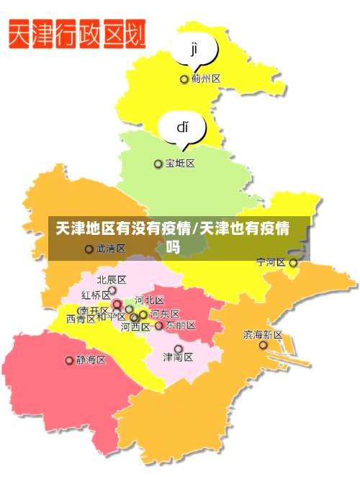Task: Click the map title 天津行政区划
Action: (x=78, y=34)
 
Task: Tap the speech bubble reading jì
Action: (x=194, y=50)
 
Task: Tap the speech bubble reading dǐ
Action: (x=183, y=128)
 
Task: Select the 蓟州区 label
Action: (x=206, y=79)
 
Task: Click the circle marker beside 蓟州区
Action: (x=184, y=79)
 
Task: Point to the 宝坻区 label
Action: (x=180, y=164)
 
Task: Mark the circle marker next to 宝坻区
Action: (x=158, y=164)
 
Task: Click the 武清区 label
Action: (x=111, y=249)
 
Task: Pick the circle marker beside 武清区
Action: (x=89, y=249)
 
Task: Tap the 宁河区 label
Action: (x=271, y=262)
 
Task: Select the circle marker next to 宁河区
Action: (x=293, y=263)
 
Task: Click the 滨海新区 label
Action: (x=263, y=334)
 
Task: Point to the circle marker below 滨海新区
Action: (x=264, y=346)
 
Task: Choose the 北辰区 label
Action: (x=112, y=280)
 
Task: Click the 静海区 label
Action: (x=91, y=360)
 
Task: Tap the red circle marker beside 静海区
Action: (x=70, y=360)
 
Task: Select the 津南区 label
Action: (x=177, y=357)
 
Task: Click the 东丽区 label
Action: (x=181, y=326)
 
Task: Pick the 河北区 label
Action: (x=150, y=300)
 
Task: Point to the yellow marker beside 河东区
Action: (x=143, y=314)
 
